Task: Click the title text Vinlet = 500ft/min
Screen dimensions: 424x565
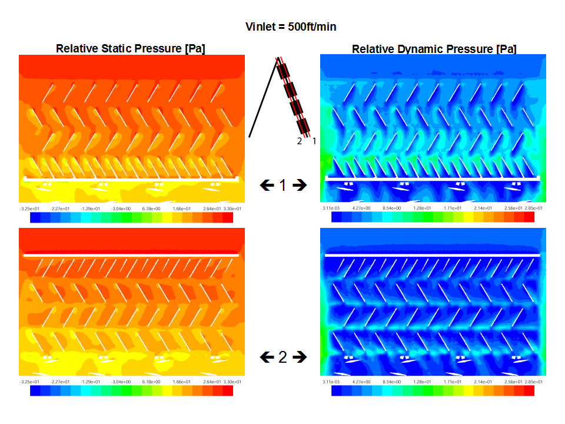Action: click(x=291, y=27)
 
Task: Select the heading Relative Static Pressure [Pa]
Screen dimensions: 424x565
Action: click(x=130, y=49)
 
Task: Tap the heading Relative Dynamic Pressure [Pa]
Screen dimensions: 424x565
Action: click(x=434, y=49)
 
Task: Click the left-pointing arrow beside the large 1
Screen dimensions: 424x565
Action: click(x=267, y=185)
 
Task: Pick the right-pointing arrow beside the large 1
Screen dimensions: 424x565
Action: click(x=300, y=185)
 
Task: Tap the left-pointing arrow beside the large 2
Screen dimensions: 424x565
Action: click(x=267, y=357)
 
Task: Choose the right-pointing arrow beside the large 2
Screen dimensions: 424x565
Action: click(x=300, y=357)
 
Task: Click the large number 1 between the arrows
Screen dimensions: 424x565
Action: click(x=283, y=185)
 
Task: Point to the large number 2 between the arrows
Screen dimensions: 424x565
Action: click(x=283, y=357)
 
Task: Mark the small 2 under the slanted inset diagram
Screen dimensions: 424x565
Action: click(x=300, y=141)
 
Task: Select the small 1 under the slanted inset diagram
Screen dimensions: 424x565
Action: click(x=314, y=141)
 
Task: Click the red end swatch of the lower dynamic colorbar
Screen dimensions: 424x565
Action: click(x=529, y=391)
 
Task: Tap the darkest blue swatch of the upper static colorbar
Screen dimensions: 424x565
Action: click(x=35, y=218)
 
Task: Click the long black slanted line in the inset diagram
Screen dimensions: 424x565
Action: click(x=263, y=97)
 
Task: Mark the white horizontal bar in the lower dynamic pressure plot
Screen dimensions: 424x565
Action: click(x=433, y=256)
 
